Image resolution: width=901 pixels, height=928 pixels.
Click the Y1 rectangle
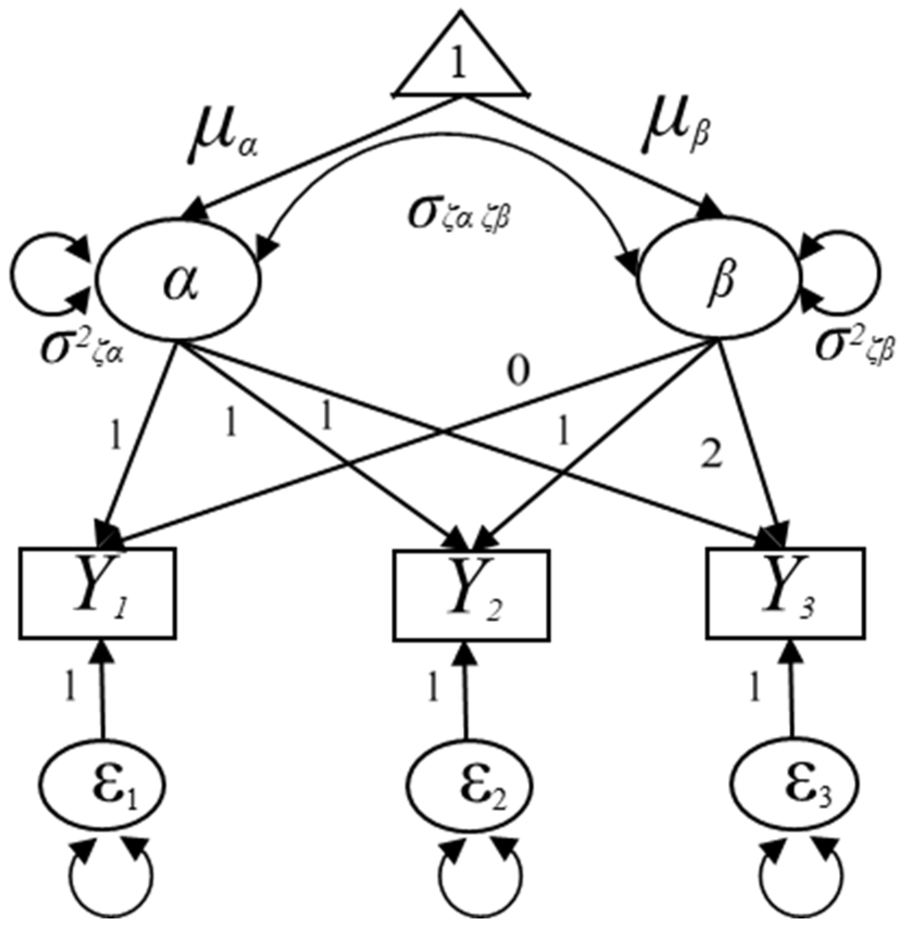coord(98,593)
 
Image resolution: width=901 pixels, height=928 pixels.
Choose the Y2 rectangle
coord(471,594)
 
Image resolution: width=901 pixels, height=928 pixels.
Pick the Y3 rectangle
coord(785,593)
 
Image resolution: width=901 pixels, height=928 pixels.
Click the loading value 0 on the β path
coord(519,373)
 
